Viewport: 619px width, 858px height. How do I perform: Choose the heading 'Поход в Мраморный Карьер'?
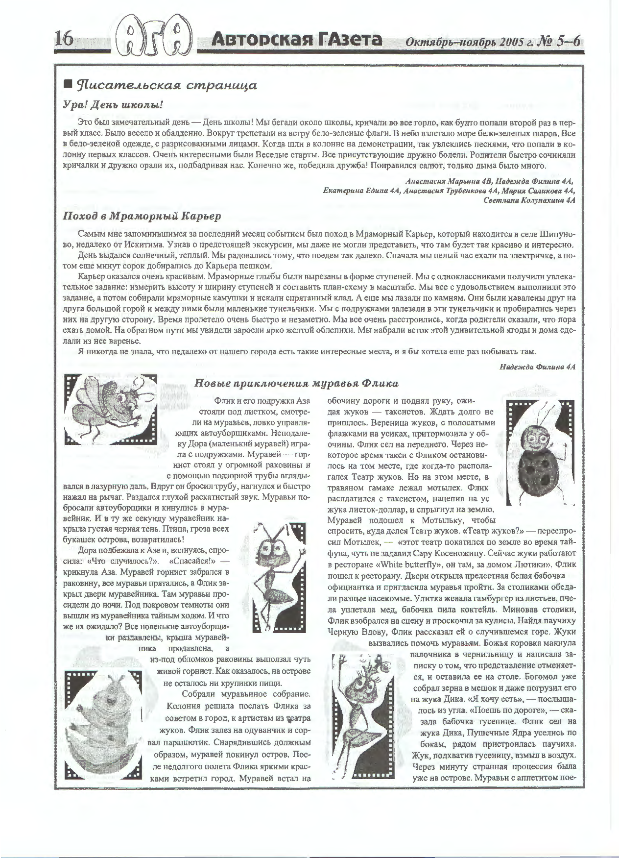(143, 216)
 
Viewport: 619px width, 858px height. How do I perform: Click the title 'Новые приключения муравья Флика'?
(296, 383)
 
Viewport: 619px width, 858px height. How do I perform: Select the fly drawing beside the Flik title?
(111, 408)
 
